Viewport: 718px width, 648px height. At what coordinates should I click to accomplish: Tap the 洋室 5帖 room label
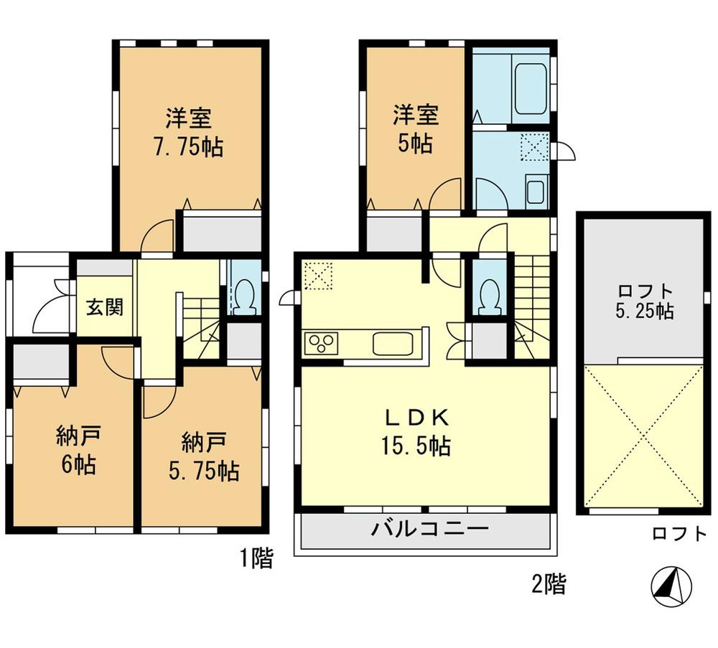point(415,128)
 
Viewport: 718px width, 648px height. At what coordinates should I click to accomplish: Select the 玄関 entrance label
point(105,306)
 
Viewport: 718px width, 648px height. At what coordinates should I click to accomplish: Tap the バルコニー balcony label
point(429,531)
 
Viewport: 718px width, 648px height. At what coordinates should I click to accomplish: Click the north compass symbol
point(671,586)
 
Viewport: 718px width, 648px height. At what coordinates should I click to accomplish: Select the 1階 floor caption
point(255,558)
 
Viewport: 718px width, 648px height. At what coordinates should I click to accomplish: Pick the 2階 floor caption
point(547,583)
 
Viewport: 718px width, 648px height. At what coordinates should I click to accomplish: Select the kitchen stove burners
point(322,344)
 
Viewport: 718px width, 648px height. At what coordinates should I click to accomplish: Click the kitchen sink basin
point(393,344)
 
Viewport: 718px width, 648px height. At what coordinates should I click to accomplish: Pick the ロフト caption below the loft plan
point(679,534)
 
